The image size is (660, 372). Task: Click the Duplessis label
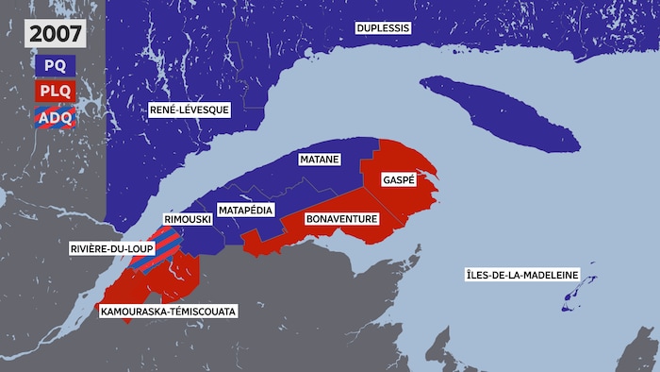pyautogui.click(x=383, y=28)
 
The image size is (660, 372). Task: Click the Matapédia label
pyautogui.click(x=245, y=209)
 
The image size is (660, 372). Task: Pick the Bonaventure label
pyautogui.click(x=342, y=219)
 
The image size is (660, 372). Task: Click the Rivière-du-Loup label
pyautogui.click(x=107, y=249)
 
